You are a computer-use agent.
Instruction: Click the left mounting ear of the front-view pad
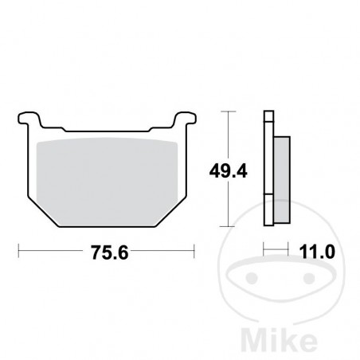(x=29, y=122)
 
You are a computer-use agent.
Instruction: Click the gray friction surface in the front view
(x=108, y=179)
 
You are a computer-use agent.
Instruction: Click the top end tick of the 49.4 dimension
(x=230, y=112)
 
